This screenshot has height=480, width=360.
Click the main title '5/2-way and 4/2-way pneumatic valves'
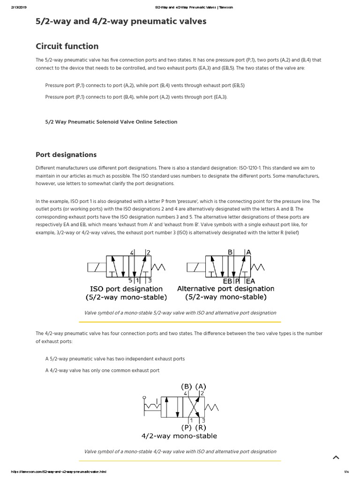coord(121,22)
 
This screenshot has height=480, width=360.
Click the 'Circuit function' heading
coord(67,46)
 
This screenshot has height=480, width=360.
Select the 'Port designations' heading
coord(66,155)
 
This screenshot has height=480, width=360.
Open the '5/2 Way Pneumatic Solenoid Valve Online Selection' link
coord(111,122)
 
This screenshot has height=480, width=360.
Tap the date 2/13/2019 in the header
coord(18,7)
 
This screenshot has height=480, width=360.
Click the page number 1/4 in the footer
coord(347,472)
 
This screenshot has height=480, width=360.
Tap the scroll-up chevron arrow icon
coord(336,457)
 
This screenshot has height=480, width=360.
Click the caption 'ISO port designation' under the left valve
coord(127,289)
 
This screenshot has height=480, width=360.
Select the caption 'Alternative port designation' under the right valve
coord(225,289)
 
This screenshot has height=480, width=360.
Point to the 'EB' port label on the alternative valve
coord(227,281)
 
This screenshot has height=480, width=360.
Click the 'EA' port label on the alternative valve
coord(250,281)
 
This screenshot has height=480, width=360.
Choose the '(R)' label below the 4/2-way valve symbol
coord(200,427)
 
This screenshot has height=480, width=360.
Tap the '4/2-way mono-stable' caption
coord(179,436)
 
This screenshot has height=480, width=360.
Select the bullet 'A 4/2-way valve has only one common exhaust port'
coord(102,370)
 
